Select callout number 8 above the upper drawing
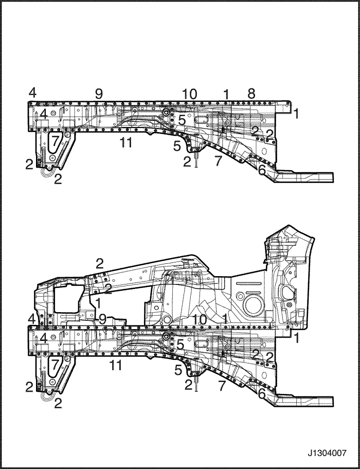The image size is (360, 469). [x=251, y=94]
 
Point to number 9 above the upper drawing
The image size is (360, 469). [x=99, y=94]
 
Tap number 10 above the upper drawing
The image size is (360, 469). [x=189, y=94]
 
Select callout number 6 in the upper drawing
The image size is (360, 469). [x=262, y=171]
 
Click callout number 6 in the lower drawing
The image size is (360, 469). [x=262, y=393]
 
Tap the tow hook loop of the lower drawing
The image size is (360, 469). [x=47, y=396]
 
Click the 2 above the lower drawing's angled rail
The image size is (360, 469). [x=100, y=263]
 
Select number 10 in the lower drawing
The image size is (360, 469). [x=199, y=320]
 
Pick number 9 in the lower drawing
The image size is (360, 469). [x=102, y=320]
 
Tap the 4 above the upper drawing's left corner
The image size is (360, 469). [x=32, y=93]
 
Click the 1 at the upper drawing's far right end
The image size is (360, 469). [x=296, y=114]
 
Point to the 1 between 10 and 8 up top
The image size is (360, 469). [x=226, y=94]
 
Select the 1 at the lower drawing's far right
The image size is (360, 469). [x=296, y=338]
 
